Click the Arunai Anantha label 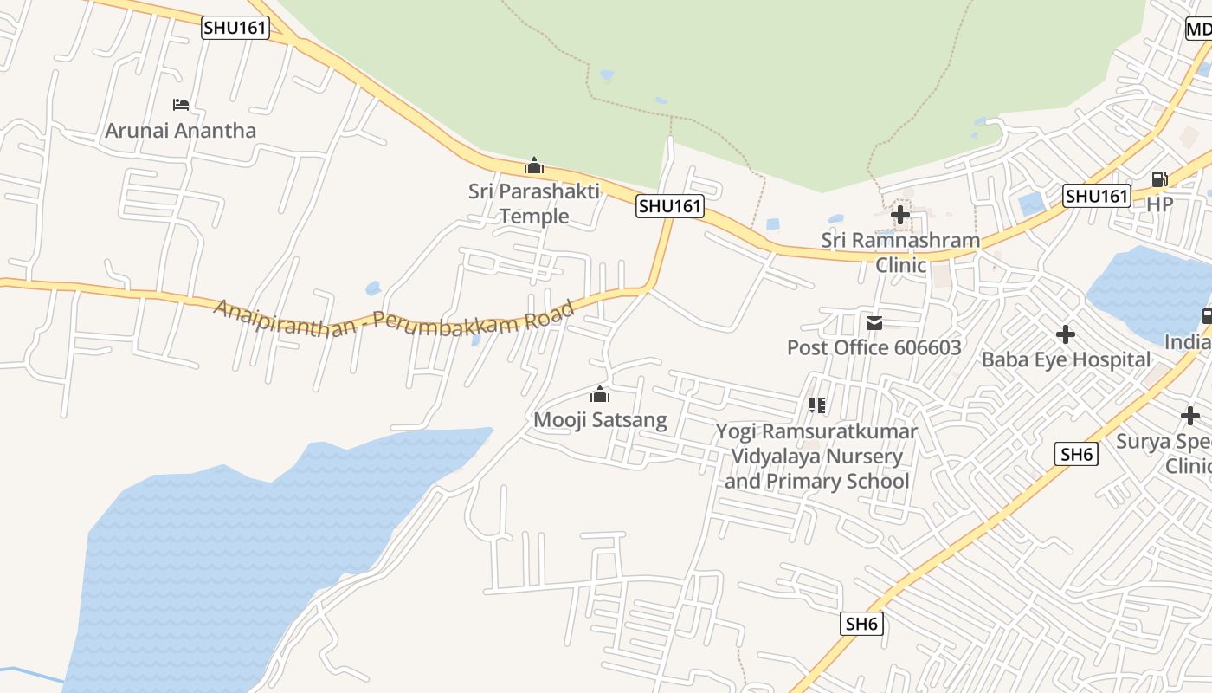pos(180,131)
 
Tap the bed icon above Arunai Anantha pos(180,105)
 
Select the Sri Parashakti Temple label pos(534,204)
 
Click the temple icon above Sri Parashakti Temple pos(534,165)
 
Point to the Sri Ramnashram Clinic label pos(900,252)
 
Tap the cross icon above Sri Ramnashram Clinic pos(900,214)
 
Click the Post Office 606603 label pos(874,347)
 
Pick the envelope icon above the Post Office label pos(874,323)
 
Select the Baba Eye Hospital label pos(1066,359)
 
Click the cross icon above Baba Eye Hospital pos(1066,334)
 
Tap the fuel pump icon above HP pos(1159,179)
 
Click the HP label pos(1159,204)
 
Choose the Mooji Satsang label pos(600,421)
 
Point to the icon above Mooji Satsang pos(599,395)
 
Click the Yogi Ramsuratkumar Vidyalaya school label pos(816,456)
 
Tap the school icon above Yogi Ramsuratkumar pos(816,405)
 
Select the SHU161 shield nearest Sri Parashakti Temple pos(669,206)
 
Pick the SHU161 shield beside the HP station pos(1097,196)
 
